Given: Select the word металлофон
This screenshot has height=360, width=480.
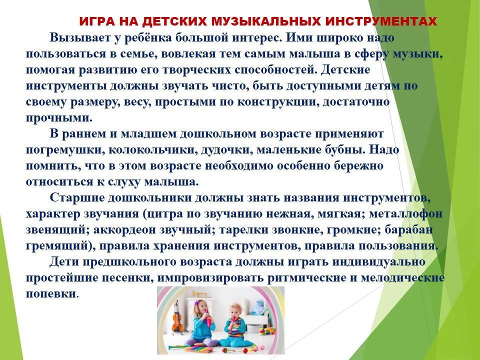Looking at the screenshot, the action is (x=405, y=213).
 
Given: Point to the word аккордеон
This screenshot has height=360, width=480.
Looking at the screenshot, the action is (x=122, y=230).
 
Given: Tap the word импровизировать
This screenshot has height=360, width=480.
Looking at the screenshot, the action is (x=210, y=278).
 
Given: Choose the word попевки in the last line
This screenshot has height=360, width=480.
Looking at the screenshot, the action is (x=51, y=294).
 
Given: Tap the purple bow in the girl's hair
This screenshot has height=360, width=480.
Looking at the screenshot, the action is (x=196, y=302).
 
